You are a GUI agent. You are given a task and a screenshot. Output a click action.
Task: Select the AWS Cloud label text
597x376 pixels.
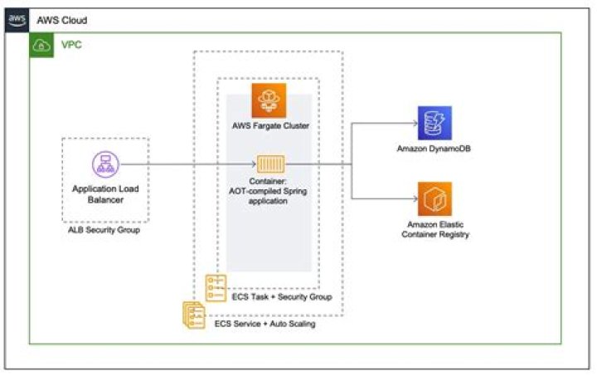(x=61, y=20)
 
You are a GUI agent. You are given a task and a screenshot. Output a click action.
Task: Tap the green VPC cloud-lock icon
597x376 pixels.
(x=41, y=46)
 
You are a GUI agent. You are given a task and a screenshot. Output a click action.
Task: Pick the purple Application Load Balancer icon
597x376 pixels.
(x=105, y=164)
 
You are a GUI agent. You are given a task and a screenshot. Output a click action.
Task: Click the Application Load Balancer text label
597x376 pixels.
(x=105, y=194)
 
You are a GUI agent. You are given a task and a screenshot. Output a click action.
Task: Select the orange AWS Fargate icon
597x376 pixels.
(x=269, y=100)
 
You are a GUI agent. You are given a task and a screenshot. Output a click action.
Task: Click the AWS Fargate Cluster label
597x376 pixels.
(x=269, y=127)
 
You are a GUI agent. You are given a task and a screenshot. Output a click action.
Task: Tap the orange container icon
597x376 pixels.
(x=269, y=164)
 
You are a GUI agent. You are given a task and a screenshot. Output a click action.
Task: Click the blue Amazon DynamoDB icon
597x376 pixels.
(x=434, y=123)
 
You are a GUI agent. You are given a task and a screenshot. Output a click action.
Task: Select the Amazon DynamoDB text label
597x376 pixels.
(x=434, y=150)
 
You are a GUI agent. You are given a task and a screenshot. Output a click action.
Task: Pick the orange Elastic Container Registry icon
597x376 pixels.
(x=434, y=199)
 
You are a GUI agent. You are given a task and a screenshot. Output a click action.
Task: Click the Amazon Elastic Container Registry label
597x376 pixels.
(x=434, y=230)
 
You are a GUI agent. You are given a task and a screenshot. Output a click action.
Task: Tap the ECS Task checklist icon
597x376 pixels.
(x=216, y=288)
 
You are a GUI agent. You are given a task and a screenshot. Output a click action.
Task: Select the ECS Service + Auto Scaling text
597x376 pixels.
(x=265, y=324)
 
